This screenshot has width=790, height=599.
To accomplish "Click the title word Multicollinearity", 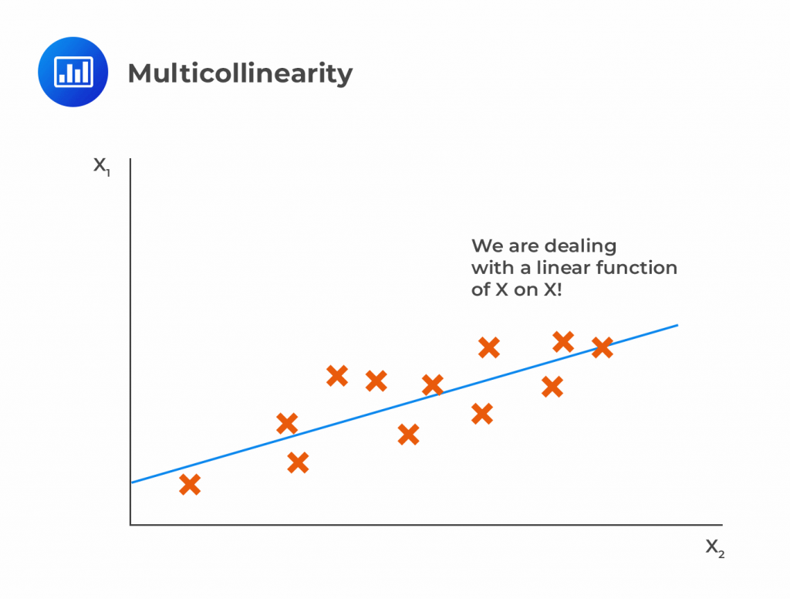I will (240, 73).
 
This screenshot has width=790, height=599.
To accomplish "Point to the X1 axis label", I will (102, 166).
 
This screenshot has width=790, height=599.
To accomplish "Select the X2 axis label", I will (715, 548).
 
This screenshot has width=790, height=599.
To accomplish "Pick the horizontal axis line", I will (424, 525).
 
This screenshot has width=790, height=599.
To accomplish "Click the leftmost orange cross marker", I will (190, 485).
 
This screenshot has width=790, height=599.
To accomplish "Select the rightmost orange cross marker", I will (602, 347).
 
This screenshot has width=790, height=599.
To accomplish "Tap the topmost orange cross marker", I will (563, 340).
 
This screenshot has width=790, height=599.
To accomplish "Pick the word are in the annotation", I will (522, 246).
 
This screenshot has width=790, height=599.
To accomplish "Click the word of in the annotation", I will (481, 290).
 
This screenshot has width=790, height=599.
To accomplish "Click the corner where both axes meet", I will (130, 525).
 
